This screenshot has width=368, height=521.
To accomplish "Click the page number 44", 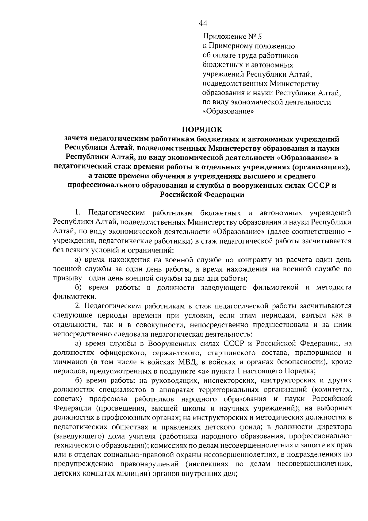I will [203, 23].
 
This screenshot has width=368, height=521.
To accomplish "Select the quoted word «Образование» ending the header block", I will [228, 111].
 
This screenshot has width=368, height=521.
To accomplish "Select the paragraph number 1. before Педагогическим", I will [78, 213].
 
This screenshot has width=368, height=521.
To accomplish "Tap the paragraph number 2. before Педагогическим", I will [78, 306].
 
